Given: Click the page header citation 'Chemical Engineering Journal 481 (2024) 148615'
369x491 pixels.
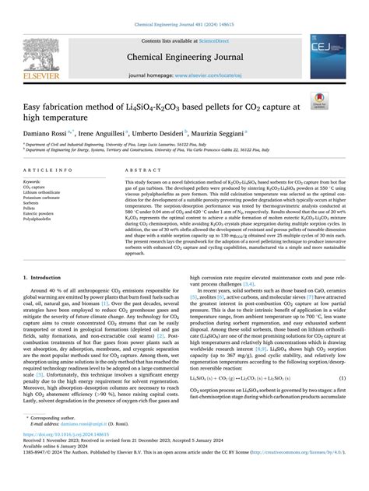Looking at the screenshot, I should pyautogui.click(x=184, y=7).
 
